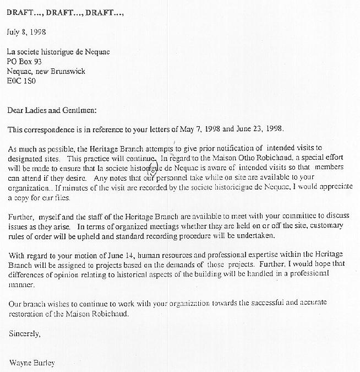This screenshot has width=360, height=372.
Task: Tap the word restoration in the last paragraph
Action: tap(28, 315)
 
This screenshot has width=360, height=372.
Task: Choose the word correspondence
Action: tap(50, 129)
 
